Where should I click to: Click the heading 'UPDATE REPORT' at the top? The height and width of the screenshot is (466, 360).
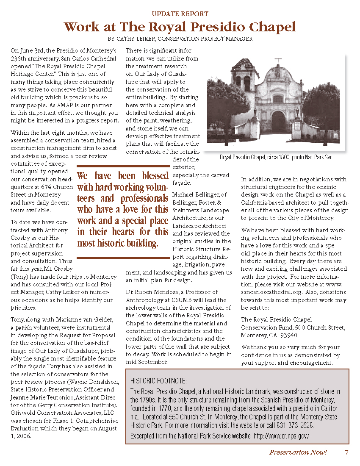(x=180, y=14)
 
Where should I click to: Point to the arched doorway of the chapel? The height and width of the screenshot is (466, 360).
(x=278, y=121)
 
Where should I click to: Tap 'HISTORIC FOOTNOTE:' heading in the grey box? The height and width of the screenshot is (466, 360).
(x=158, y=381)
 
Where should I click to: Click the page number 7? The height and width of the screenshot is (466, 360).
(x=346, y=452)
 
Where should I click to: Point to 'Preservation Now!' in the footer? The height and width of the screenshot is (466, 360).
(x=298, y=452)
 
